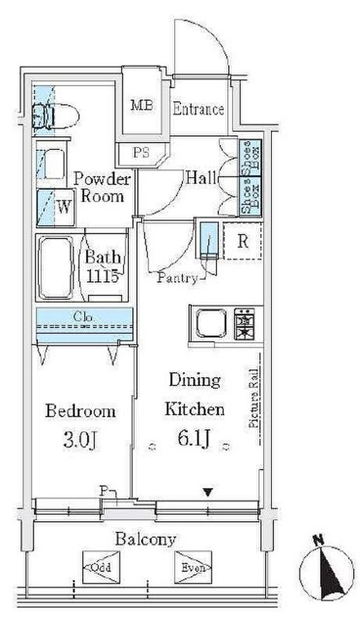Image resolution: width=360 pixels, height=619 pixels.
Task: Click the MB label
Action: [142, 105]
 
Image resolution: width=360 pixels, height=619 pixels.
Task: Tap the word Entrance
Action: [198, 109]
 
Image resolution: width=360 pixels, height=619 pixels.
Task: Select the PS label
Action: [141, 152]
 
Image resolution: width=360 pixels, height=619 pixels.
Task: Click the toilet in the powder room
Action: [56, 116]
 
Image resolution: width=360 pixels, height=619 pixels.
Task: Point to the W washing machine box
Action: [56, 207]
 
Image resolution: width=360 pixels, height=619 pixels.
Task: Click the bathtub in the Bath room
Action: [56, 268]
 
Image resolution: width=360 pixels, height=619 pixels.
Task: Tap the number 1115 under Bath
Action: [102, 275]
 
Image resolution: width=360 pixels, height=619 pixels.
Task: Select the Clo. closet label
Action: [84, 317]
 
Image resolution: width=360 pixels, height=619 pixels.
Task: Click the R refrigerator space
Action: [243, 241]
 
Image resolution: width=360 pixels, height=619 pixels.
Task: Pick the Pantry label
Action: [177, 278]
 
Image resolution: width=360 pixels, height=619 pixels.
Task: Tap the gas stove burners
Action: [244, 324]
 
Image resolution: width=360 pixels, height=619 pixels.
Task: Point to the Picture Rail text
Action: [253, 398]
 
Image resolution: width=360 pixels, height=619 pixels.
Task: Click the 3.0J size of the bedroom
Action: [80, 441]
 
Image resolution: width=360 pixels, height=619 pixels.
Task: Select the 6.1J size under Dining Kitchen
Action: [194, 438]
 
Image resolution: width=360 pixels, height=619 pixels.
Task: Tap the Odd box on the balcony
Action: [101, 568]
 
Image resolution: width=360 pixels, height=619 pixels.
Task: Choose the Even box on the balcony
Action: [193, 568]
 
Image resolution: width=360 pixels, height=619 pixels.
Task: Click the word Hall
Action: [201, 178]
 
